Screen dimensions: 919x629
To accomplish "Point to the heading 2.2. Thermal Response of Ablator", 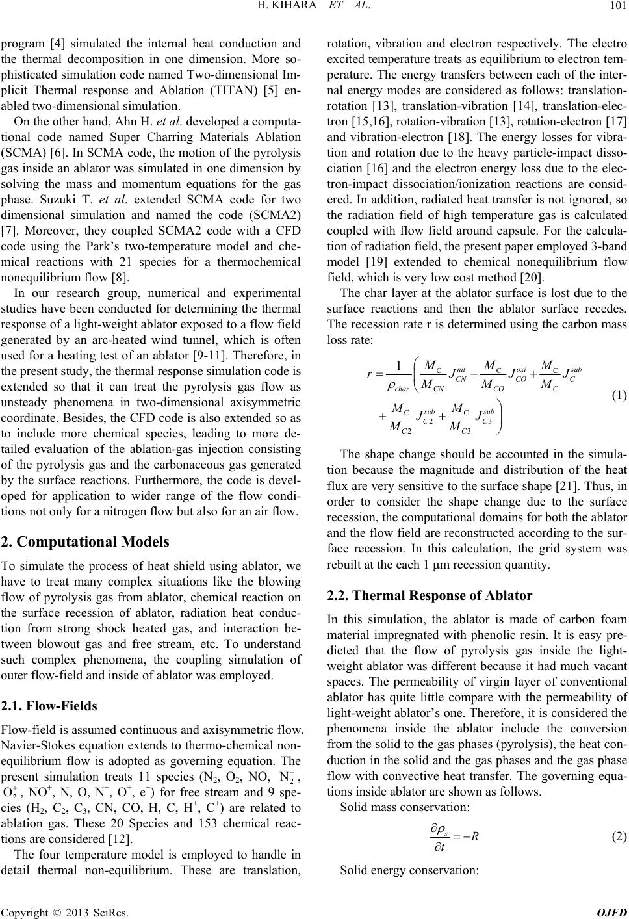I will [429, 595].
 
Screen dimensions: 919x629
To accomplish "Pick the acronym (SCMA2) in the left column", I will [271, 193].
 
